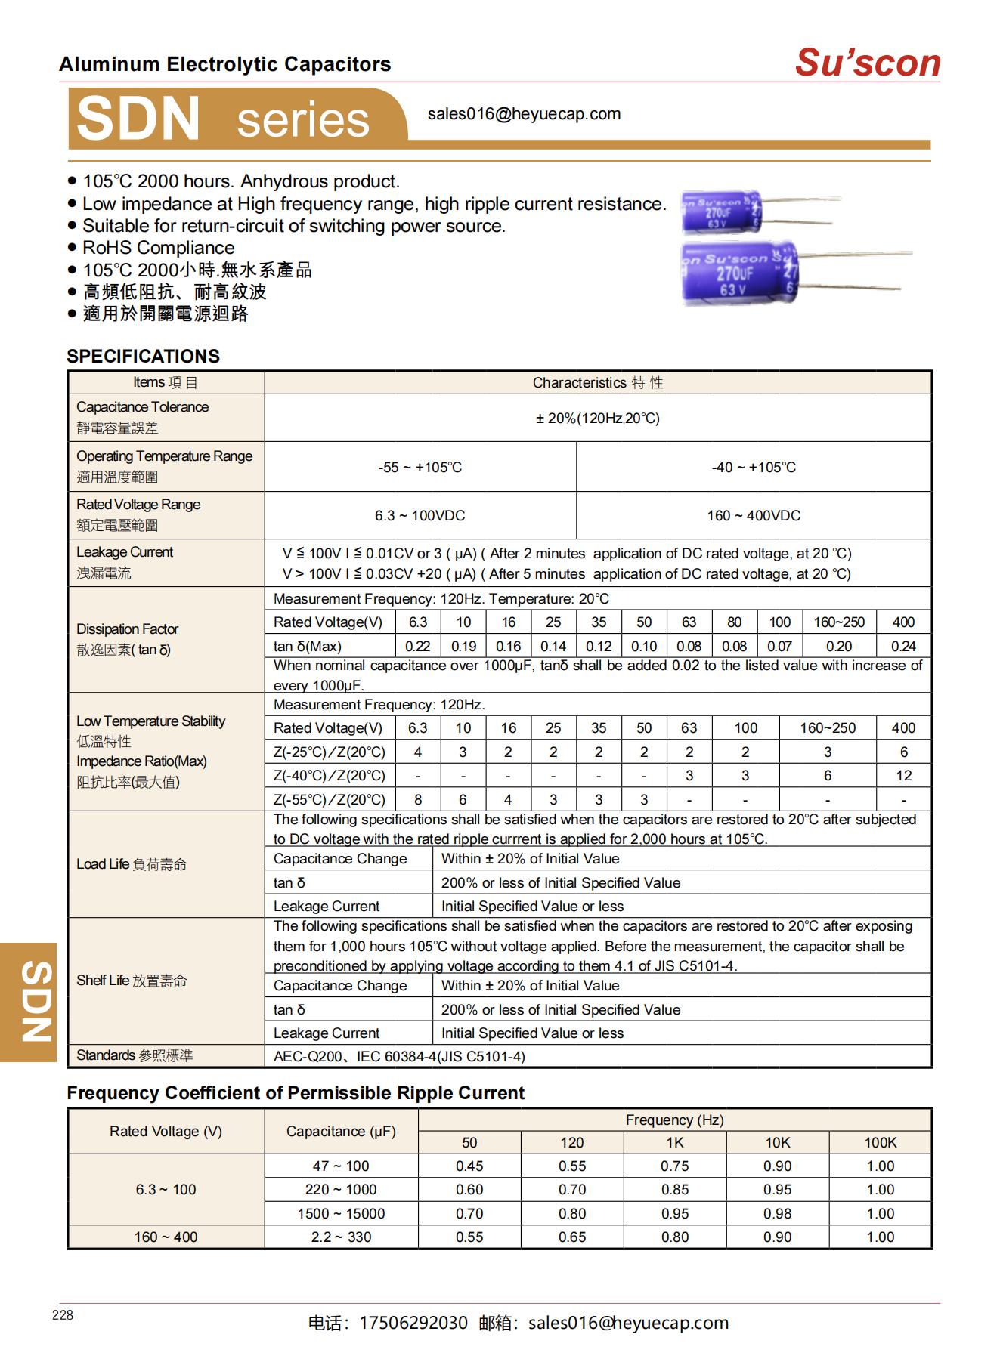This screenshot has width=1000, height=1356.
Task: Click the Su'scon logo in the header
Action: (867, 62)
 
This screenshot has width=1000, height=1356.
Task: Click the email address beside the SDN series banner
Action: (524, 114)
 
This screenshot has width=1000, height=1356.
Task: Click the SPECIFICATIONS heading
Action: (143, 356)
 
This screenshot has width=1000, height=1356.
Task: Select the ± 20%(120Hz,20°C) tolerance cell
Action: (597, 418)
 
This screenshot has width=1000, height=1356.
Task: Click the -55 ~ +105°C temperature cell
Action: (420, 467)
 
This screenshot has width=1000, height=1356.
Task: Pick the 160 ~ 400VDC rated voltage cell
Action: (753, 515)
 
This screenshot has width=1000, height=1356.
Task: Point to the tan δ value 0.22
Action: (417, 646)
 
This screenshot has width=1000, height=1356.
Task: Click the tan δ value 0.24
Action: (902, 646)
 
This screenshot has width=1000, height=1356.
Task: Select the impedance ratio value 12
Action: (903, 775)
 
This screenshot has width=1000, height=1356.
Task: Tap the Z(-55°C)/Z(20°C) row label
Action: (329, 799)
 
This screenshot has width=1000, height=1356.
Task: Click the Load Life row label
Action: (132, 864)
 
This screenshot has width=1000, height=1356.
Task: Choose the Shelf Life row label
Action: (132, 981)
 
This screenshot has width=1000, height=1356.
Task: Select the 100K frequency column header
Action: (880, 1142)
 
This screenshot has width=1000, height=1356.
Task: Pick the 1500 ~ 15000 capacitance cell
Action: (341, 1213)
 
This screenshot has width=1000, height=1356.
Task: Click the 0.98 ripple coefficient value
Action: (777, 1213)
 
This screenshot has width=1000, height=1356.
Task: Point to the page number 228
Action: (63, 1315)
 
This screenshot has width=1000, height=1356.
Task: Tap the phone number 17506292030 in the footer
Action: (413, 1323)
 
